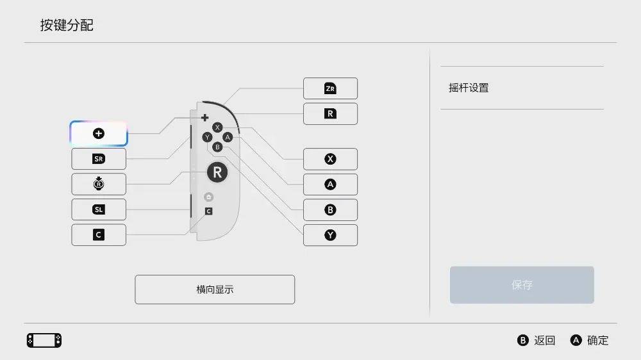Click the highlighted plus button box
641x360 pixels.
click(x=99, y=133)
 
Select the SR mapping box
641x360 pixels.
click(x=99, y=159)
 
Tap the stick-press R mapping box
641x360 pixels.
click(x=99, y=184)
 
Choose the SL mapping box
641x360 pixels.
click(x=99, y=209)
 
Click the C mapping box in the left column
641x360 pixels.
click(x=99, y=235)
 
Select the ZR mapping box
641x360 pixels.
click(x=330, y=88)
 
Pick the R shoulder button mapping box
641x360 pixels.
click(x=330, y=114)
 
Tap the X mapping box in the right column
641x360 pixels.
click(x=330, y=159)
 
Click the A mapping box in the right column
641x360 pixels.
click(x=330, y=184)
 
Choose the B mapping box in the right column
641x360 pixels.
click(x=330, y=209)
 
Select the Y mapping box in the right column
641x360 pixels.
click(x=330, y=235)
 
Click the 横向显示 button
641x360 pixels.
click(x=215, y=290)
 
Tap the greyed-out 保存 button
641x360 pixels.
click(x=522, y=285)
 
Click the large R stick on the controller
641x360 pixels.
click(x=217, y=172)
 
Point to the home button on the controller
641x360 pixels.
click(x=208, y=197)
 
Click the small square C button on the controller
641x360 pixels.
click(x=208, y=211)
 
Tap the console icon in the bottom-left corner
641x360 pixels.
click(x=44, y=340)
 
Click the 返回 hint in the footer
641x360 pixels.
click(x=537, y=341)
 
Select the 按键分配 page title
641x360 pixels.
click(x=67, y=25)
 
